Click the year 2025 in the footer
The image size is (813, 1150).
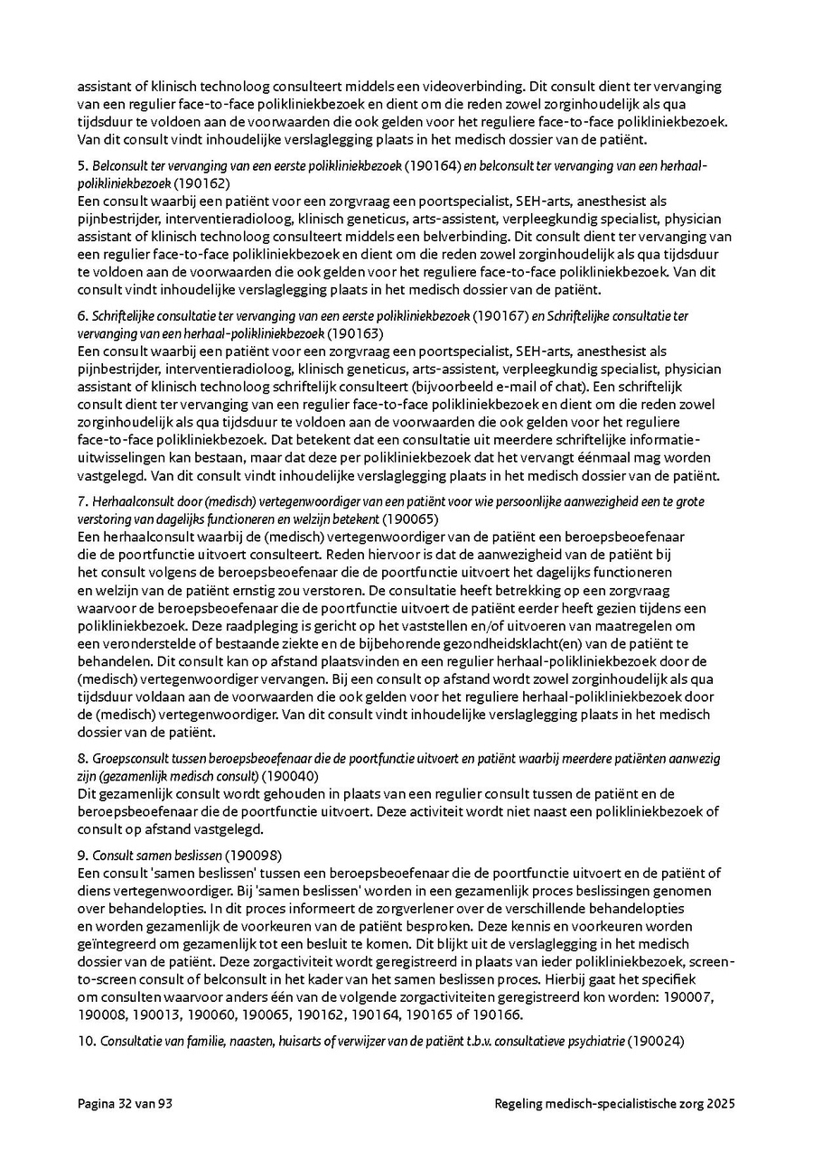[721, 1104]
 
